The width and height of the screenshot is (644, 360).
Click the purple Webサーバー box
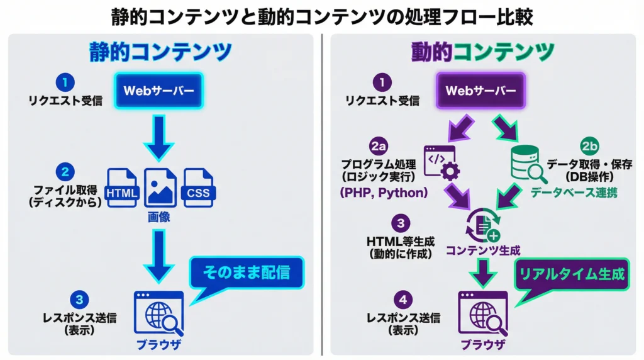(x=481, y=91)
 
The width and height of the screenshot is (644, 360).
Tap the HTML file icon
(x=122, y=188)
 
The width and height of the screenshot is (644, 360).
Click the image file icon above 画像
(x=160, y=187)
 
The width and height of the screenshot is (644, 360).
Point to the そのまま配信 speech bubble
(x=247, y=273)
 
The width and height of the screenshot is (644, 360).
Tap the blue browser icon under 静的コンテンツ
(x=160, y=313)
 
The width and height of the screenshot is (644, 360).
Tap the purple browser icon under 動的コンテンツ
(x=482, y=313)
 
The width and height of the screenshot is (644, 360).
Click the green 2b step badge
(x=589, y=146)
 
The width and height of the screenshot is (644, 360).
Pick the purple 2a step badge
(x=378, y=146)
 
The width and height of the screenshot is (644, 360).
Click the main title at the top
(x=322, y=16)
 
